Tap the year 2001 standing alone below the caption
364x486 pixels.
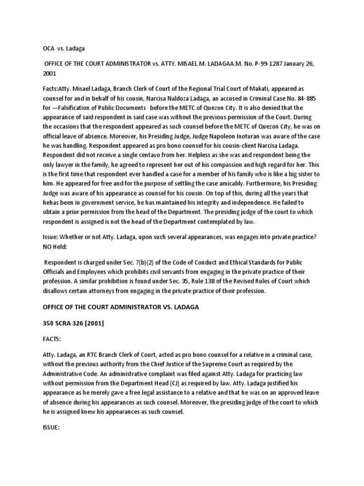(49, 74)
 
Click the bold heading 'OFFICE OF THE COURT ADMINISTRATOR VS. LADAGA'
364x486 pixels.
(121, 307)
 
